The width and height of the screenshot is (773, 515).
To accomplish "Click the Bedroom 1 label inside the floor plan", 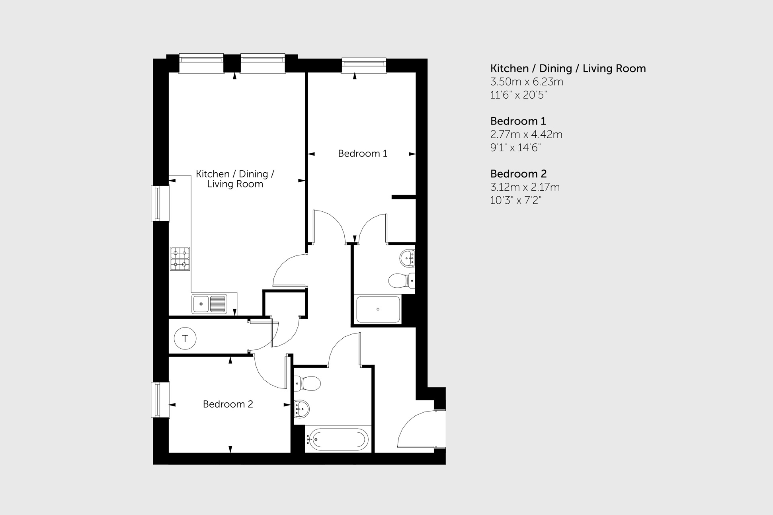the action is tap(362, 154).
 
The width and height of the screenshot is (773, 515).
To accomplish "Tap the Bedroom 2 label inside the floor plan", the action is tap(228, 404).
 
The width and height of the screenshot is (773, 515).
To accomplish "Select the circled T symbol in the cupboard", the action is tap(185, 339).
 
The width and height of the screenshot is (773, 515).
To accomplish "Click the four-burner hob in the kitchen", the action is tap(180, 259).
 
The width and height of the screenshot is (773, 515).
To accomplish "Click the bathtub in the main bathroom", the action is tap(338, 440).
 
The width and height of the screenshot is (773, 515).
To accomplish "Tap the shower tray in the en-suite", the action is tap(378, 309).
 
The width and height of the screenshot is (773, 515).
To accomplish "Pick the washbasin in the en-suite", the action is tap(407, 258).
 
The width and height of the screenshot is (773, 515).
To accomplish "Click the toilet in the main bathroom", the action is tap(307, 384).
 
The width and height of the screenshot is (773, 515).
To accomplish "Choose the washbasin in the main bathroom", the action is tap(302, 409).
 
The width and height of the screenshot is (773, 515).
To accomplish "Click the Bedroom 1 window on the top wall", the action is tap(364, 65).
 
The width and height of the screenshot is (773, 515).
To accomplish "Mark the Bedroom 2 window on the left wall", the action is tap(160, 400).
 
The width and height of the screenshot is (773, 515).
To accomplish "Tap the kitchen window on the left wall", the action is tap(160, 203).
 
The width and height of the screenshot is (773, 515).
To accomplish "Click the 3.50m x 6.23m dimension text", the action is tap(527, 82).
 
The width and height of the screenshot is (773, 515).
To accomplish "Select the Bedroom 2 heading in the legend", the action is tap(518, 174).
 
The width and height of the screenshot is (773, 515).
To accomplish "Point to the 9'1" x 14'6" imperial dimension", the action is tap(515, 148).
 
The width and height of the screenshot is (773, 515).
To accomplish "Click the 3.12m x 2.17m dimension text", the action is tap(525, 187).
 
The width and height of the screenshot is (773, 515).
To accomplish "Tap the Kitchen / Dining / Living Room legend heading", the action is tap(568, 68).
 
